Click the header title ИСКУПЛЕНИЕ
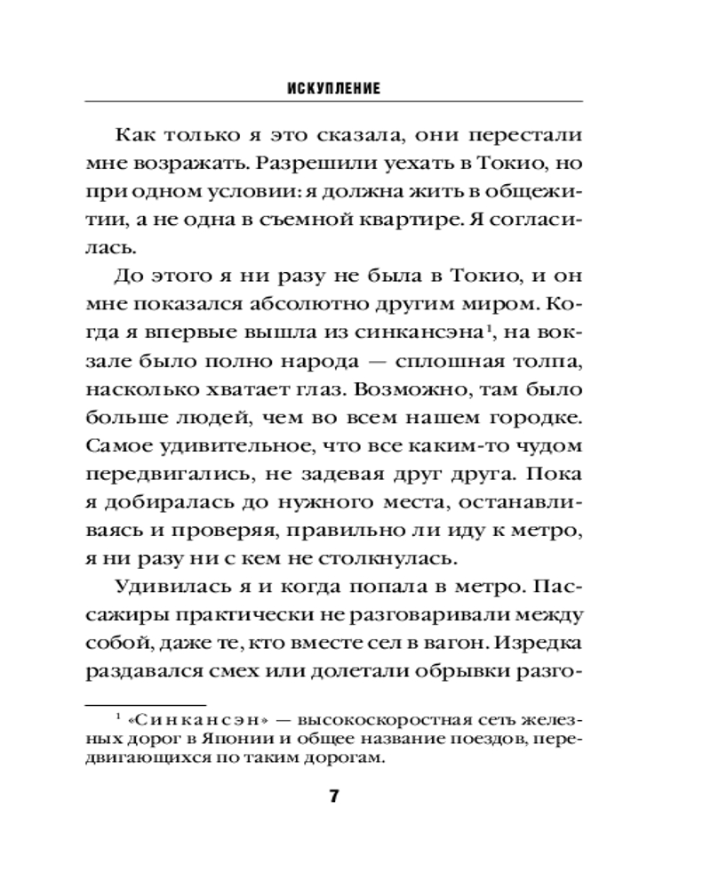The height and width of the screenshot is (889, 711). (334, 89)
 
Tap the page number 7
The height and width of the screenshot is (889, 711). (334, 796)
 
